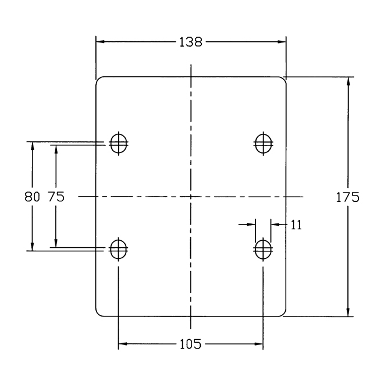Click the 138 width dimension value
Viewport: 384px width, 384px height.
[x=191, y=42]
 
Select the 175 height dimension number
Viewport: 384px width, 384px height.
[x=347, y=197]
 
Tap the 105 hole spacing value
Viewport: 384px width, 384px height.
[x=190, y=344]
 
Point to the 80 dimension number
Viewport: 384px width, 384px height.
[x=32, y=197]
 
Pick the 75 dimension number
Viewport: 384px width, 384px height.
[x=56, y=197]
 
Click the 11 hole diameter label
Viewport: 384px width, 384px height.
[x=296, y=225]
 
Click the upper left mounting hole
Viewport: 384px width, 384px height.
[x=119, y=144]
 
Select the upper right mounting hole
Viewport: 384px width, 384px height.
[x=264, y=144]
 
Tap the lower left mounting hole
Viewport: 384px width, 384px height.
[x=119, y=249]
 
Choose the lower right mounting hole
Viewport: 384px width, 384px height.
[x=263, y=249]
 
